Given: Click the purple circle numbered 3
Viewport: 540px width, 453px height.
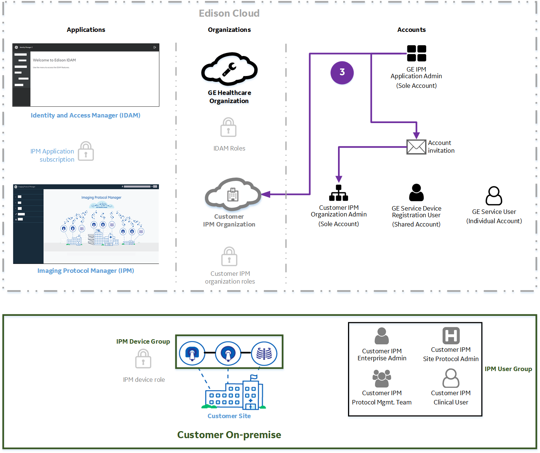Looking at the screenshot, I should [x=342, y=72].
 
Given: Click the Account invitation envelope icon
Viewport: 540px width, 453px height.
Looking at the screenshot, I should [x=416, y=147].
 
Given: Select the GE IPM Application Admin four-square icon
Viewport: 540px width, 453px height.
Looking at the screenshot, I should [x=417, y=53].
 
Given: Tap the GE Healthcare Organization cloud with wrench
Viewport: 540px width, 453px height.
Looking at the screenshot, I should [x=229, y=69].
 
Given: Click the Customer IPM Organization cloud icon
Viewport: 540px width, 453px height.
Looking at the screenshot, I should [x=233, y=194].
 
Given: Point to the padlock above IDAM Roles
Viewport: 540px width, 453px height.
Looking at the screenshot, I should [x=228, y=128].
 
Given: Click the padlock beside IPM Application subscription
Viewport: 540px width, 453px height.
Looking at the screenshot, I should [x=86, y=151].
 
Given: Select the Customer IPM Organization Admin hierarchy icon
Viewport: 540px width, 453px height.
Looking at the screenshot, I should [x=338, y=193].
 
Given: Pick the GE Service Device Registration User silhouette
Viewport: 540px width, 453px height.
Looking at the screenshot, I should [x=416, y=193].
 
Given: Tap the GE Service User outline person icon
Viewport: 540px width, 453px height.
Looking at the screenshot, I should [x=494, y=196].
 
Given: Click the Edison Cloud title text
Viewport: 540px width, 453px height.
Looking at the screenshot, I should [x=229, y=13].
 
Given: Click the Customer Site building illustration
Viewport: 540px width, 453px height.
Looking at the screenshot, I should [x=234, y=394].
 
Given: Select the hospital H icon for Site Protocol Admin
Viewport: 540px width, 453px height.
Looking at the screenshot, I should [x=451, y=336].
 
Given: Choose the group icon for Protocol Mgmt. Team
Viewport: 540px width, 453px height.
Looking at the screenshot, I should [x=382, y=378].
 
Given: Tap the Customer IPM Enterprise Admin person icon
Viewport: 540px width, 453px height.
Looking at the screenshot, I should [x=382, y=336].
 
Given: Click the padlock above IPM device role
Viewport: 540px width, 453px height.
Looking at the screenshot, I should [x=143, y=359].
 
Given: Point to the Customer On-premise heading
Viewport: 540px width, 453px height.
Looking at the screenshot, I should [x=229, y=434].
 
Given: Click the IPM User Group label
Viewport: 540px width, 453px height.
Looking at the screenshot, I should [x=508, y=369].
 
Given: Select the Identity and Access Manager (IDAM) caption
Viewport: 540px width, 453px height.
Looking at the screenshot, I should [x=85, y=115].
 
